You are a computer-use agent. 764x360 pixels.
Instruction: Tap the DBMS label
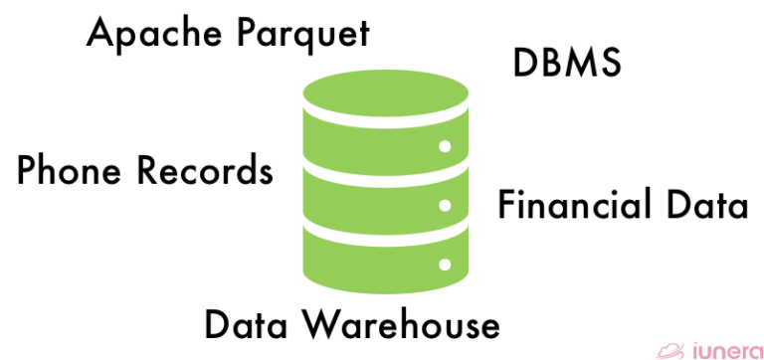567,64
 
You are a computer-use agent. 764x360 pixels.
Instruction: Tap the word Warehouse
399,324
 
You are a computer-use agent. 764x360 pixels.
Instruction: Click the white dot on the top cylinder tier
445,146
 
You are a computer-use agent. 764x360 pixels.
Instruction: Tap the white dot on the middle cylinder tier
445,205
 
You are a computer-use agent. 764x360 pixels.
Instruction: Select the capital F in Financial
506,206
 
